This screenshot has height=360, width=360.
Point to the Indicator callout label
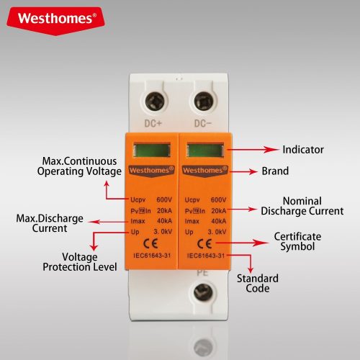pos(302,150)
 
